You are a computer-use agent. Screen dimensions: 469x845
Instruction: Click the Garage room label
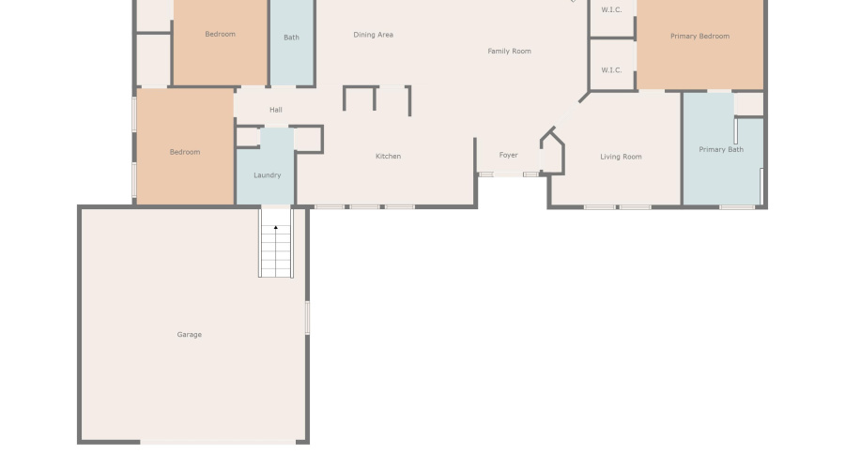click(x=190, y=335)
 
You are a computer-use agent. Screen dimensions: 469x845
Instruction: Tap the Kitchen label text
click(x=389, y=157)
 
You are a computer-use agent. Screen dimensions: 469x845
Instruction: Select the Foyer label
click(x=508, y=156)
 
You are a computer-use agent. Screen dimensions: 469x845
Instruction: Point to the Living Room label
click(x=621, y=157)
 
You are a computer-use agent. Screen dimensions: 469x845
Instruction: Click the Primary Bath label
click(x=721, y=150)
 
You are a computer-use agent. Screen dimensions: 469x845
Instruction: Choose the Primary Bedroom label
click(x=699, y=37)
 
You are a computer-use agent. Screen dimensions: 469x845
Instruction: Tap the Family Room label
click(x=509, y=52)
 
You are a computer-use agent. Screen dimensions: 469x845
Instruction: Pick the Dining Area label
click(x=373, y=35)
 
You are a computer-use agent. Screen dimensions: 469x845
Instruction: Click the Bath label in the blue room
click(x=291, y=38)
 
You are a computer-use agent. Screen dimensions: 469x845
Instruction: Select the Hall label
click(x=276, y=111)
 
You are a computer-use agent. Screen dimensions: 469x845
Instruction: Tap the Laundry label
click(x=268, y=175)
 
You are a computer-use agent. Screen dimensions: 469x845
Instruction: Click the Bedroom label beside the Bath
click(x=221, y=35)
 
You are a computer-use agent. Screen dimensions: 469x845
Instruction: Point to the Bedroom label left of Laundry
click(x=185, y=152)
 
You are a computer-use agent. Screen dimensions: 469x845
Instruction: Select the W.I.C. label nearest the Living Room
click(x=611, y=70)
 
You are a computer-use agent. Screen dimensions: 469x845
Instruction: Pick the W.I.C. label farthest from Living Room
click(x=611, y=10)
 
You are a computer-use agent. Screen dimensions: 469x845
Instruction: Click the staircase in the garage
click(x=276, y=250)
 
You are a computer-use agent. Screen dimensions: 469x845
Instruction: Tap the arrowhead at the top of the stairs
click(x=276, y=227)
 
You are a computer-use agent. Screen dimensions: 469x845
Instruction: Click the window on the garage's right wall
click(x=307, y=318)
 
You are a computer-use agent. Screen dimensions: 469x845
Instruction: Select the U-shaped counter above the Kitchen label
click(x=376, y=98)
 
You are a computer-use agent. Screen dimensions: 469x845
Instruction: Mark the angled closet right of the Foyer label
click(x=552, y=152)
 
